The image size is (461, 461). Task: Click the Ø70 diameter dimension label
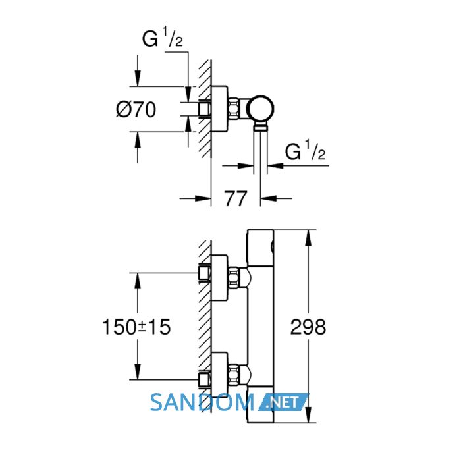click(136, 110)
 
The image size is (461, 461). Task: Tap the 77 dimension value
click(236, 199)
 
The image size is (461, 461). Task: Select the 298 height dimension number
click(308, 327)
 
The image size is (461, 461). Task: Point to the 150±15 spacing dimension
click(136, 327)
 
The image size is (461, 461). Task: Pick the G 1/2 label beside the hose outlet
click(305, 151)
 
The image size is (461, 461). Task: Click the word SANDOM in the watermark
click(202, 402)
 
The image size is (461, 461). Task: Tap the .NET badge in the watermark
click(283, 402)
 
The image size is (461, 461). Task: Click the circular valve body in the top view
click(260, 109)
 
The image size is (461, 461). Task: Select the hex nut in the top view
click(233, 109)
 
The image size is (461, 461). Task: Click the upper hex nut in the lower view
click(233, 278)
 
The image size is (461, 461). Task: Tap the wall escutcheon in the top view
click(219, 109)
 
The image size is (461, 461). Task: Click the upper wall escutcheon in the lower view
click(219, 278)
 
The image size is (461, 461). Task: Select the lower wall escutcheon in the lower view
click(219, 375)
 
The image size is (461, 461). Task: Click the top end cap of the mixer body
click(261, 248)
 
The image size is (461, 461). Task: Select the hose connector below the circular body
click(261, 127)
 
